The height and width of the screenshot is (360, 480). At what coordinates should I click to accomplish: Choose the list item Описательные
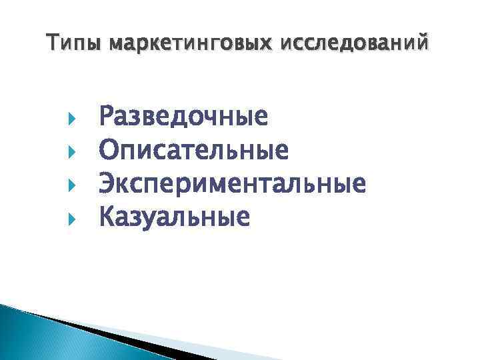[x=194, y=150]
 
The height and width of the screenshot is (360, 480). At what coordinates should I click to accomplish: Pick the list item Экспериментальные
[x=232, y=183]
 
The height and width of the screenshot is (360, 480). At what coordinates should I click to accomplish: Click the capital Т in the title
[x=53, y=44]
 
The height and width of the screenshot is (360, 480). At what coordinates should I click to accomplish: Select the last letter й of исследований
[x=425, y=44]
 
